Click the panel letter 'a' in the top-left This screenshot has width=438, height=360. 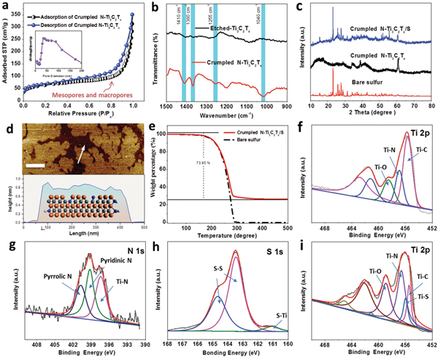(7, 7)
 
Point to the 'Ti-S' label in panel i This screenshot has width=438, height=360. (420, 297)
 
